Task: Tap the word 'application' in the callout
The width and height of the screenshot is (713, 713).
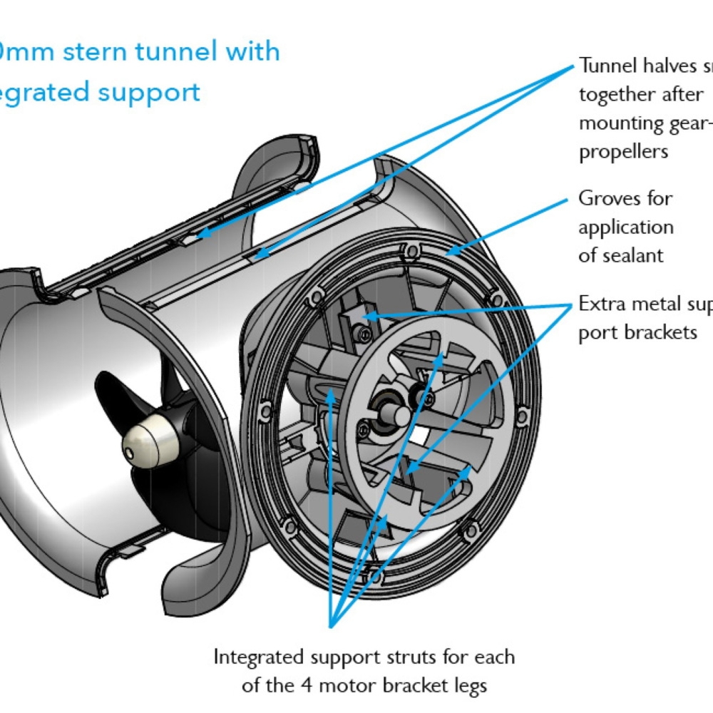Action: (x=625, y=227)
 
